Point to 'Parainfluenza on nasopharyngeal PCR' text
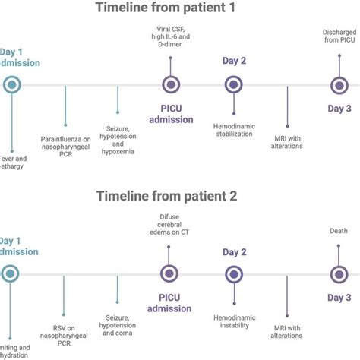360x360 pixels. pyautogui.click(x=66, y=146)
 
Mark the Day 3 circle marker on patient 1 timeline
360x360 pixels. pyautogui.click(x=339, y=86)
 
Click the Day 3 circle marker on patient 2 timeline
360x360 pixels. pyautogui.click(x=339, y=274)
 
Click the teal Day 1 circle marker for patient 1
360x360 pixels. pyautogui.click(x=10, y=86)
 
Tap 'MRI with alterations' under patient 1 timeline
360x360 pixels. pyautogui.click(x=288, y=141)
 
